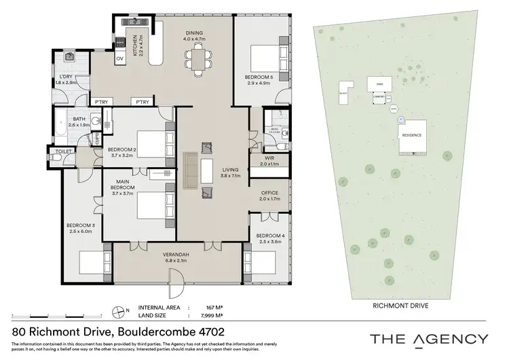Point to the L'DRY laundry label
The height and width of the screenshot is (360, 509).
pyautogui.click(x=66, y=79)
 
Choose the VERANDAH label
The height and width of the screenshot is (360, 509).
pyautogui.click(x=176, y=257)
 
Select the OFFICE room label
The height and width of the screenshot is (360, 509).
pyautogui.click(x=269, y=196)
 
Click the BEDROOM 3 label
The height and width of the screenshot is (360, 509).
pyautogui.click(x=80, y=228)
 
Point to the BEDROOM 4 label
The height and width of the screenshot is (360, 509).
pyautogui.click(x=269, y=238)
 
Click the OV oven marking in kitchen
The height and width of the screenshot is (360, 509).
pyautogui.click(x=120, y=58)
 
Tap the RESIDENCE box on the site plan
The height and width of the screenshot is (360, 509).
pyautogui.click(x=412, y=135)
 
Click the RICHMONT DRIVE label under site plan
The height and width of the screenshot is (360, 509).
pyautogui.click(x=400, y=306)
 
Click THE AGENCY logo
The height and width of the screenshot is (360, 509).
pyautogui.click(x=428, y=339)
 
